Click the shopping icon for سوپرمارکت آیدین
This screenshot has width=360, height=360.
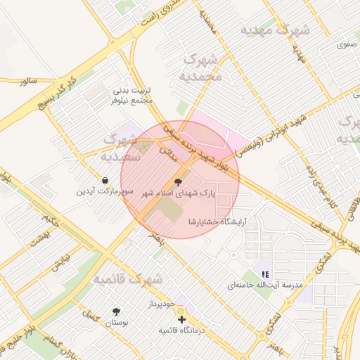point(105,181)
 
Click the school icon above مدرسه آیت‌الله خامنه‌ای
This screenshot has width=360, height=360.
point(264,274)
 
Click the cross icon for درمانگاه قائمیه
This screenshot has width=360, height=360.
point(182,319)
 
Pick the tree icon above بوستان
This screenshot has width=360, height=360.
point(116,311)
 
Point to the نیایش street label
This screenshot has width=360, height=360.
point(59,260)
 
